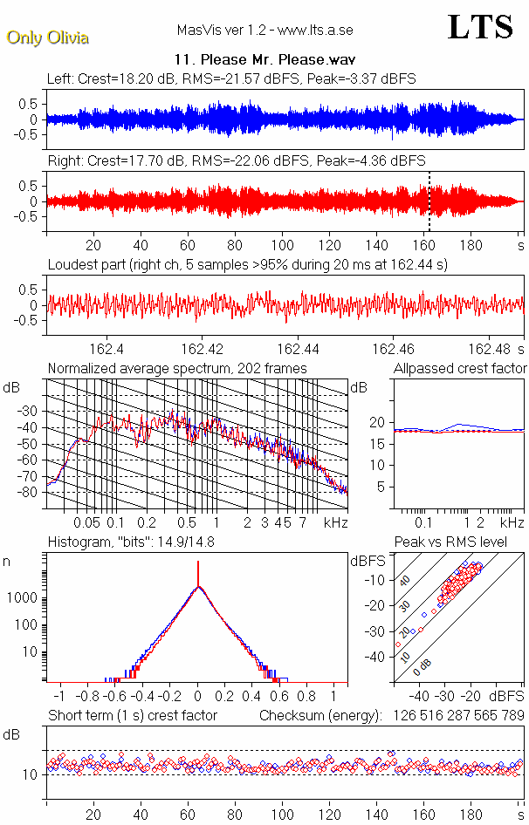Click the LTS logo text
tap(479, 28)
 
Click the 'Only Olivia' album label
tap(47, 37)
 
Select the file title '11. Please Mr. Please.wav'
tap(264, 60)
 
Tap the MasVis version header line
tap(264, 30)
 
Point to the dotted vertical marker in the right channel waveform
tap(429, 201)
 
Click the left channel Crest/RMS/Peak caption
tap(231, 78)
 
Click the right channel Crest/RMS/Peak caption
tap(236, 161)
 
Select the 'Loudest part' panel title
tap(247, 264)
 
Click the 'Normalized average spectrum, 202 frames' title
tap(177, 369)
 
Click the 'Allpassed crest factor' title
tap(460, 369)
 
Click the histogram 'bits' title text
tap(134, 543)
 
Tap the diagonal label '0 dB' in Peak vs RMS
tap(423, 666)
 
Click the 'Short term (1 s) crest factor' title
tap(133, 716)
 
